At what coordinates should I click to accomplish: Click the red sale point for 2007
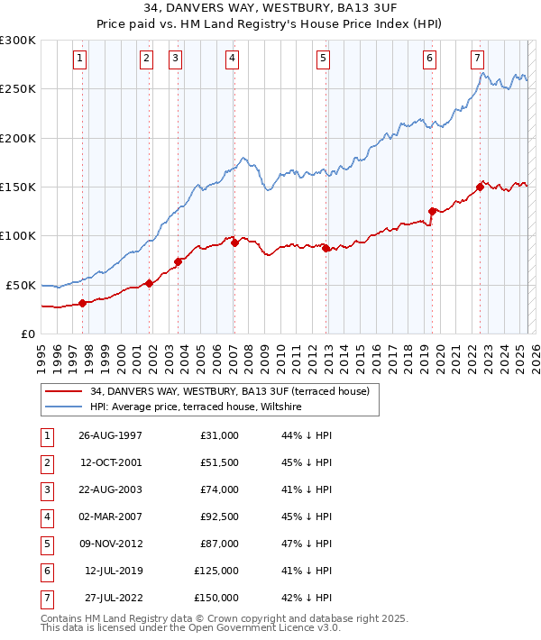pos(234,242)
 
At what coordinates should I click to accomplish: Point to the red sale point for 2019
pos(433,211)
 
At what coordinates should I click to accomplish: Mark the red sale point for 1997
pos(83,303)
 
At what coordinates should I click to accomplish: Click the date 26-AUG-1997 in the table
pos(110,435)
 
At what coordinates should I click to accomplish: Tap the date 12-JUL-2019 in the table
pos(112,571)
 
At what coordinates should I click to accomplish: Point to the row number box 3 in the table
pos(44,490)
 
